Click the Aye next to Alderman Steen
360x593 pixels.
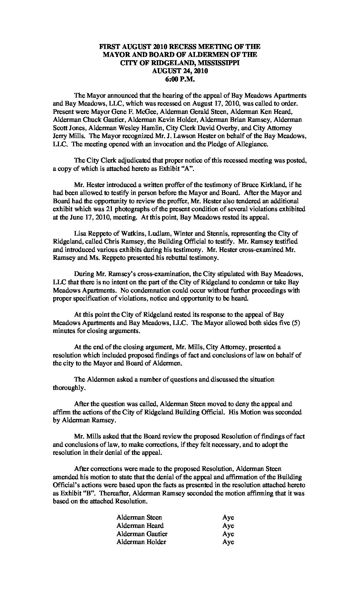(228, 517)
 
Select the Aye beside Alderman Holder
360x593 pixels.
(228, 542)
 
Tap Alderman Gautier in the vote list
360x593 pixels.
(142, 534)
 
